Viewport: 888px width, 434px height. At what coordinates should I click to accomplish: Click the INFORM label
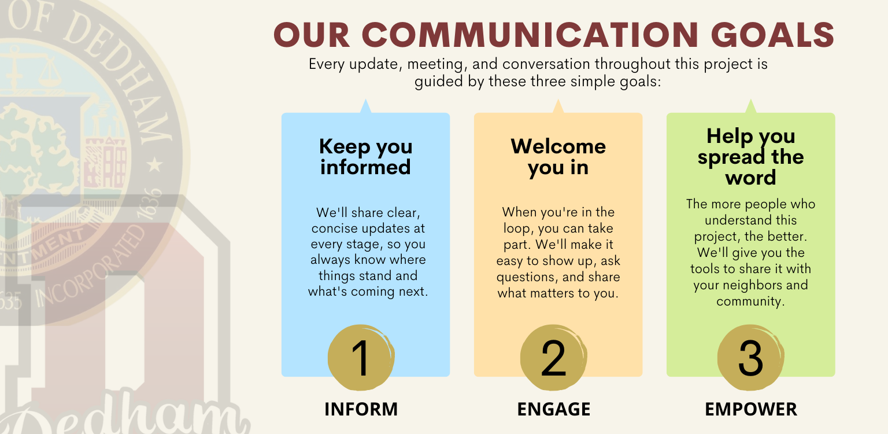pyautogui.click(x=361, y=409)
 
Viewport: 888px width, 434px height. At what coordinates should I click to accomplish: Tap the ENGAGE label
pyautogui.click(x=553, y=409)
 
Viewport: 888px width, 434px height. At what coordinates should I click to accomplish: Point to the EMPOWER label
pyautogui.click(x=750, y=409)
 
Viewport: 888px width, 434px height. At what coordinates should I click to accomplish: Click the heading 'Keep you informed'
pyautogui.click(x=365, y=157)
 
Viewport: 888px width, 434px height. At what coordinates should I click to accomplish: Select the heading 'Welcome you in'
pyautogui.click(x=558, y=156)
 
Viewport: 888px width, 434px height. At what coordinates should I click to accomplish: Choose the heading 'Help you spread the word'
pyautogui.click(x=750, y=157)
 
